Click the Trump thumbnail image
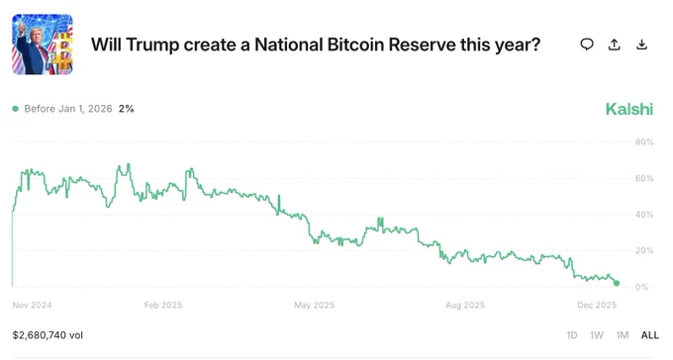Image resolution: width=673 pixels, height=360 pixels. [x=43, y=45]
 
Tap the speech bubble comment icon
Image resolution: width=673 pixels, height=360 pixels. [x=587, y=45]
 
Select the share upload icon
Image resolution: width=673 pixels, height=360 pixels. [x=615, y=45]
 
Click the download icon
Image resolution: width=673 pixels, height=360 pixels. [x=642, y=45]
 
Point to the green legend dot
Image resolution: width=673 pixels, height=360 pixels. [x=16, y=109]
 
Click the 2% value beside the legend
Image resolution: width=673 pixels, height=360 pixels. [x=126, y=109]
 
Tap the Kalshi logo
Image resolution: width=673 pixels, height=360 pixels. [x=628, y=109]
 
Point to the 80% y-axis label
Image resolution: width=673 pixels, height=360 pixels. [x=643, y=142]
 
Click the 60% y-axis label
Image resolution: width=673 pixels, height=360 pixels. [x=643, y=179]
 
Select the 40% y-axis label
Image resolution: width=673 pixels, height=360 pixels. [x=643, y=215]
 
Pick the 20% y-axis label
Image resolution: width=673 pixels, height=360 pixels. [x=643, y=251]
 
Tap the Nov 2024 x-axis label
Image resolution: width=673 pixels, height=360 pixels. [x=32, y=306]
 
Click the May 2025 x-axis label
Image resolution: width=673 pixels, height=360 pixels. [x=315, y=306]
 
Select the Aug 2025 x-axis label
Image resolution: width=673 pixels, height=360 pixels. [x=464, y=306]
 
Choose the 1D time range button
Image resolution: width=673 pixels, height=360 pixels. [x=572, y=335]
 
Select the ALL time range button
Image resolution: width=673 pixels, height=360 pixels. [x=649, y=335]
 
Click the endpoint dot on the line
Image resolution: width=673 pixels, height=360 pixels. [x=617, y=283]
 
